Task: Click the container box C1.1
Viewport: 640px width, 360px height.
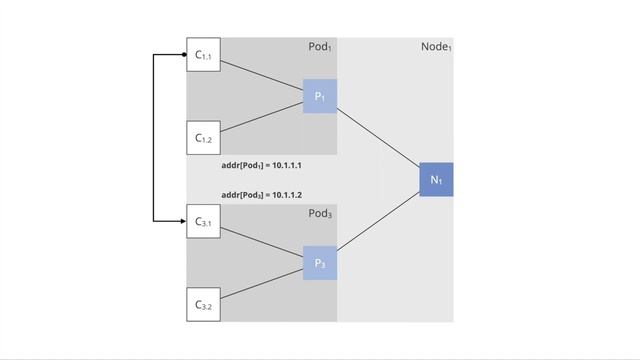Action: [x=204, y=57]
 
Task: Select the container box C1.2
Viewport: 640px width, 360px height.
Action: [x=204, y=137]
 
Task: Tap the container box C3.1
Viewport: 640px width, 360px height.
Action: [x=204, y=221]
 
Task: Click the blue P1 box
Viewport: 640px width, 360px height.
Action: [x=320, y=97]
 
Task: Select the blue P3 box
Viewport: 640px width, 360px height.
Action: [x=320, y=263]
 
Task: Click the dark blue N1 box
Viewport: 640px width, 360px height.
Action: [x=436, y=179]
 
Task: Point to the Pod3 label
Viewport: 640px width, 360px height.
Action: [x=319, y=214]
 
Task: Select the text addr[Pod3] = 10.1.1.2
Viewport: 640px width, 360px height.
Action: [x=262, y=194]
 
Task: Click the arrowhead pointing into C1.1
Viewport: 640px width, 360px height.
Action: [x=183, y=56]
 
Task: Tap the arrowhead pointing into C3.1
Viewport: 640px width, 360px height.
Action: [x=183, y=219]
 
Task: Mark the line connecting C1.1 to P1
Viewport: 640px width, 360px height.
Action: [x=262, y=77]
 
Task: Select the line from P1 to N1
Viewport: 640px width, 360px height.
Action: [x=378, y=138]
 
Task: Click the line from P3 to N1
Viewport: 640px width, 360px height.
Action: [x=378, y=221]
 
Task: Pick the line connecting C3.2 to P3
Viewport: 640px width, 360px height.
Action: [x=262, y=283]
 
